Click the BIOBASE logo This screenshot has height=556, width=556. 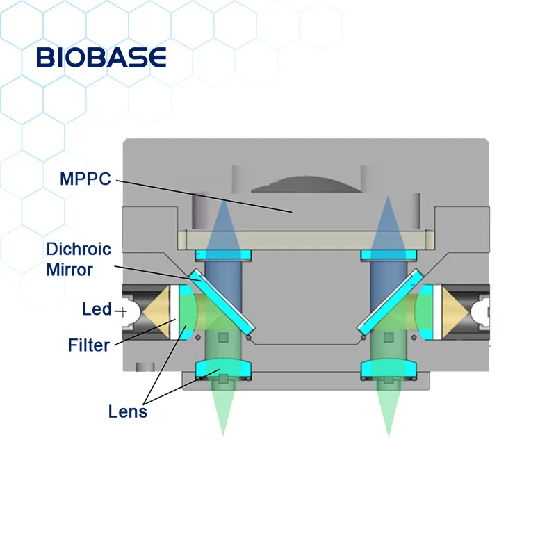pyautogui.click(x=101, y=57)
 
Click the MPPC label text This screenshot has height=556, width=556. pyautogui.click(x=85, y=179)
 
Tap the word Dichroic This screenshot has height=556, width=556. pyautogui.click(x=79, y=249)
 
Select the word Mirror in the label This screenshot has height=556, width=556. pyautogui.click(x=69, y=270)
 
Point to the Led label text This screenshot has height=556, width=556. pyautogui.click(x=97, y=309)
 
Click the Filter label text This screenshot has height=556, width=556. pyautogui.click(x=89, y=344)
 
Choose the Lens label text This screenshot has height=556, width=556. pyautogui.click(x=128, y=411)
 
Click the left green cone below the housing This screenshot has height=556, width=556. pyautogui.click(x=222, y=410)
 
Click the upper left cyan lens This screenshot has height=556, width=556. pyautogui.click(x=222, y=255)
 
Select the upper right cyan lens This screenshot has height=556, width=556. pyautogui.click(x=388, y=255)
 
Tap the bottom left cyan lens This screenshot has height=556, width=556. pyautogui.click(x=222, y=368)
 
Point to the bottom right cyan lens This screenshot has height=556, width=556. pyautogui.click(x=388, y=368)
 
